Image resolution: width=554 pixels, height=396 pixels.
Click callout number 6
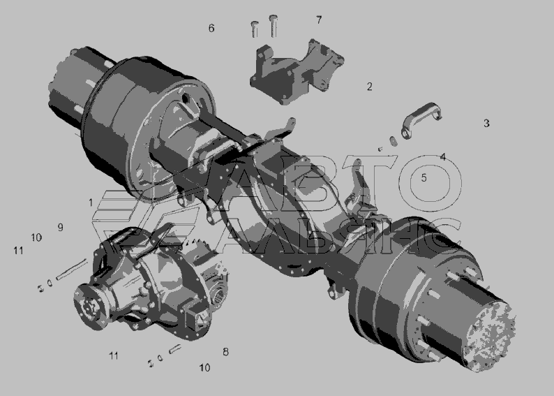[x=211, y=28]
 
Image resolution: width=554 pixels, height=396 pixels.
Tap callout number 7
[x=319, y=20]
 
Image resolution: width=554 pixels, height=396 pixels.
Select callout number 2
[x=370, y=87]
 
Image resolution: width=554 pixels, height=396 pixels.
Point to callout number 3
[x=486, y=123]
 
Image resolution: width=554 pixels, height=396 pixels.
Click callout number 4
[x=443, y=156]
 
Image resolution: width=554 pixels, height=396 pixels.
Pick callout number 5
[x=424, y=177]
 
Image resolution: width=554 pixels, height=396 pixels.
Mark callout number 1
[x=91, y=203]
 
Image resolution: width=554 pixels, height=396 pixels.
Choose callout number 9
[x=61, y=227]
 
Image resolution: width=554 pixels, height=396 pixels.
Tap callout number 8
[x=225, y=351]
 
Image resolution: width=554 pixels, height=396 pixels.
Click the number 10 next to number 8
[x=204, y=367]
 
